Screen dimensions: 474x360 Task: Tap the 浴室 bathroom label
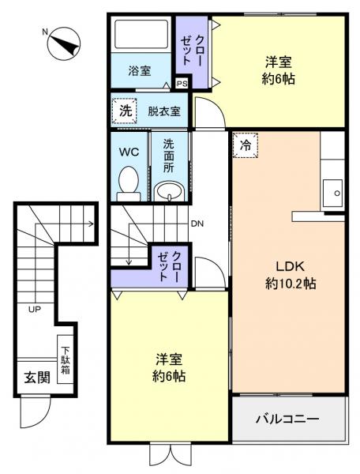pyautogui.click(x=140, y=71)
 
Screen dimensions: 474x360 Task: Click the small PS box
pyautogui.click(x=182, y=83)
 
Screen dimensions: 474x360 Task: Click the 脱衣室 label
pyautogui.click(x=163, y=111)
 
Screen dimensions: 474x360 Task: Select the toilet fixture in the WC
pyautogui.click(x=127, y=182)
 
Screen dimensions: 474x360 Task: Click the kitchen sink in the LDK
pyautogui.click(x=332, y=192)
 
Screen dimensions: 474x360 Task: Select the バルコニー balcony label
pyautogui.click(x=287, y=418)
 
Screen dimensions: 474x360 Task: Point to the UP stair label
pyautogui.click(x=35, y=309)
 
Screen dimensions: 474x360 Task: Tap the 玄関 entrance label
pyautogui.click(x=34, y=376)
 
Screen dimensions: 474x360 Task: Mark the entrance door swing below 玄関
pyautogui.click(x=34, y=411)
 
